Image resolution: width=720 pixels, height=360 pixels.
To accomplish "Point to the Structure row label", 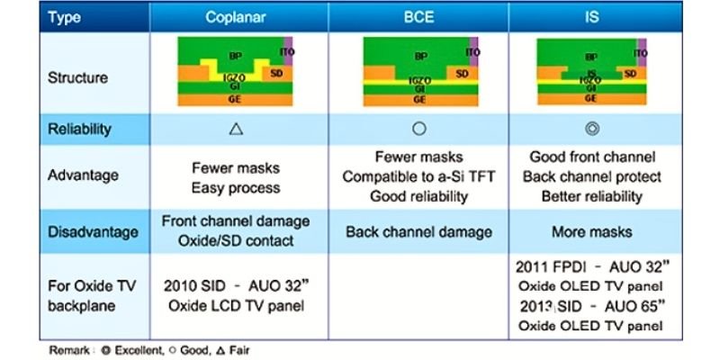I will click(77, 77).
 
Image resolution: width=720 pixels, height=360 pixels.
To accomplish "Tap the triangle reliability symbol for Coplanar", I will click(236, 129).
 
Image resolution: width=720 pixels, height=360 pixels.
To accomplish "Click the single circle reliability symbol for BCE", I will click(418, 129).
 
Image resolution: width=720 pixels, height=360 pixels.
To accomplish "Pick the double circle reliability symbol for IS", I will click(591, 129).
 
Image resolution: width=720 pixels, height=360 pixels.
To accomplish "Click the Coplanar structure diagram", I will click(235, 74).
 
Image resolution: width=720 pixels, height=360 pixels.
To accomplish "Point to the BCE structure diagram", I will click(419, 74).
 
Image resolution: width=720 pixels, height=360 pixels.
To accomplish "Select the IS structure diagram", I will click(591, 74).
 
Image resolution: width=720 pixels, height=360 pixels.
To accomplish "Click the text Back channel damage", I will click(418, 231).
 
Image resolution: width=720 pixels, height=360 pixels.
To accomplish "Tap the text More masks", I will click(591, 231).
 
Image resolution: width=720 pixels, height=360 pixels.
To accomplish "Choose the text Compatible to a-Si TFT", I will click(418, 176).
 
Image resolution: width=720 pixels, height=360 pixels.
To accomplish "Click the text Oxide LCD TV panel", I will click(236, 305).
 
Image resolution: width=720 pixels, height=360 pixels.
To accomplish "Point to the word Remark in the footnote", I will click(67, 348).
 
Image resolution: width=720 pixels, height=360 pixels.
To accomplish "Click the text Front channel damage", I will click(236, 220).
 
